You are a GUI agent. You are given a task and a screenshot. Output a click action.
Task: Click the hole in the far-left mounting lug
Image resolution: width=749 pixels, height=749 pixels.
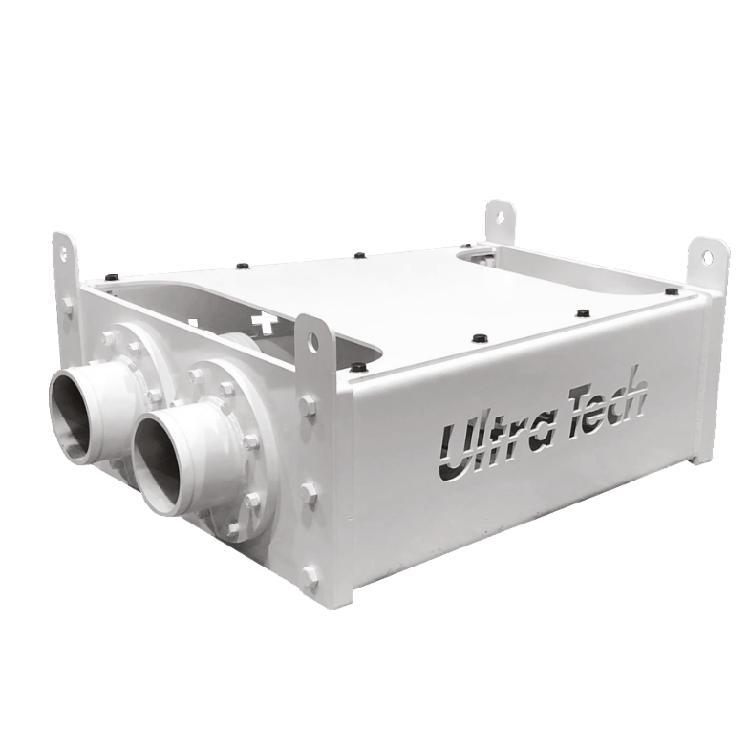pyautogui.click(x=64, y=252)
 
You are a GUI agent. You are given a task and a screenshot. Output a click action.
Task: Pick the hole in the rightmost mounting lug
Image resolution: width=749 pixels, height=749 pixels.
pyautogui.click(x=707, y=257)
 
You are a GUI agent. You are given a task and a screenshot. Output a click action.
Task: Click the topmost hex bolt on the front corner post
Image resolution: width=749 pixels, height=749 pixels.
pyautogui.click(x=308, y=405)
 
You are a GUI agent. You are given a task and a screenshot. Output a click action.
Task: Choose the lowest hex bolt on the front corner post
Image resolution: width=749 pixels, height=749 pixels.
pyautogui.click(x=311, y=577)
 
